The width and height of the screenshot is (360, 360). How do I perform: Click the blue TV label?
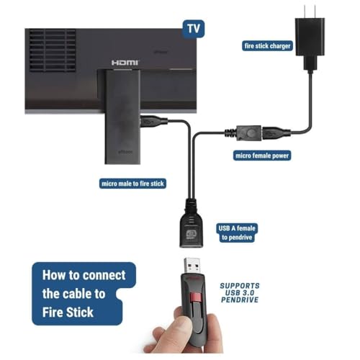pos(193,29)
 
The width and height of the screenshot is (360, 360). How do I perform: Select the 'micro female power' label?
pos(262,155)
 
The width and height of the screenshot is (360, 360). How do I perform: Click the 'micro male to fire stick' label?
pos(132,184)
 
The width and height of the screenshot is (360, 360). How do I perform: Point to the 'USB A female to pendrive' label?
pos(236,233)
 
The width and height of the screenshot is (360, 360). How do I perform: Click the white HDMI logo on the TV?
pos(125,63)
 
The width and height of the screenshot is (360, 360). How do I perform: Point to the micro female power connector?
pos(241,133)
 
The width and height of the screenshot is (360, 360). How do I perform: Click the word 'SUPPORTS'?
pos(241,286)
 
